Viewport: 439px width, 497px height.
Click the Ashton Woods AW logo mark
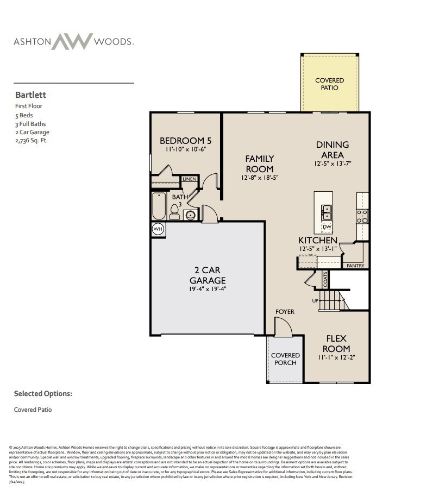[x=72, y=41]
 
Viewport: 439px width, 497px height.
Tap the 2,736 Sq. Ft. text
[x=32, y=141]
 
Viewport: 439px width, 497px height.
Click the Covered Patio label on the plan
[x=329, y=84]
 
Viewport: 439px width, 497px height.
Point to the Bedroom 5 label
[x=185, y=141]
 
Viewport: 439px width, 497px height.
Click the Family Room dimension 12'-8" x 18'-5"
[x=259, y=178]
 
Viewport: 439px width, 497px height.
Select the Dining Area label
[x=333, y=149]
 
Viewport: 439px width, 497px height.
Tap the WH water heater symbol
[x=158, y=229]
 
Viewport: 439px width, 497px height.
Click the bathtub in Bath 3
[x=159, y=206]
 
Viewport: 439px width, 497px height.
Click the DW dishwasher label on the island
[x=327, y=227]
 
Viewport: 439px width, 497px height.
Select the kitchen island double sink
[x=327, y=210]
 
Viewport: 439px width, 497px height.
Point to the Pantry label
[x=355, y=266]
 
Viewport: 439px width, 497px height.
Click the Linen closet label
[x=190, y=179]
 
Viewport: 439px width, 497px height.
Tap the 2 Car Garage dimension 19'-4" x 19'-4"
[x=208, y=290]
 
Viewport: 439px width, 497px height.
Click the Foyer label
[x=285, y=312]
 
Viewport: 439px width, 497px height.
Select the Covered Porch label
[x=285, y=359]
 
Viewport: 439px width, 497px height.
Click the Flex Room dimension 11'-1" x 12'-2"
[x=336, y=357]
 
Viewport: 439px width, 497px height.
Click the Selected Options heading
[x=43, y=394]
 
